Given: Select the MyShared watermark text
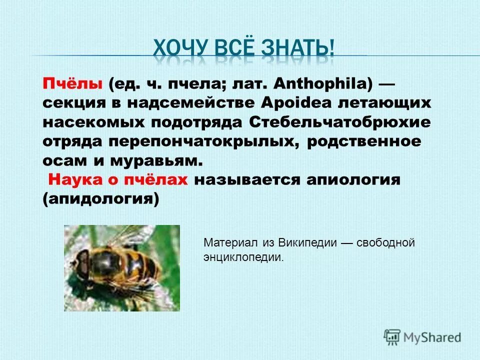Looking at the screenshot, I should (x=432, y=336).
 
